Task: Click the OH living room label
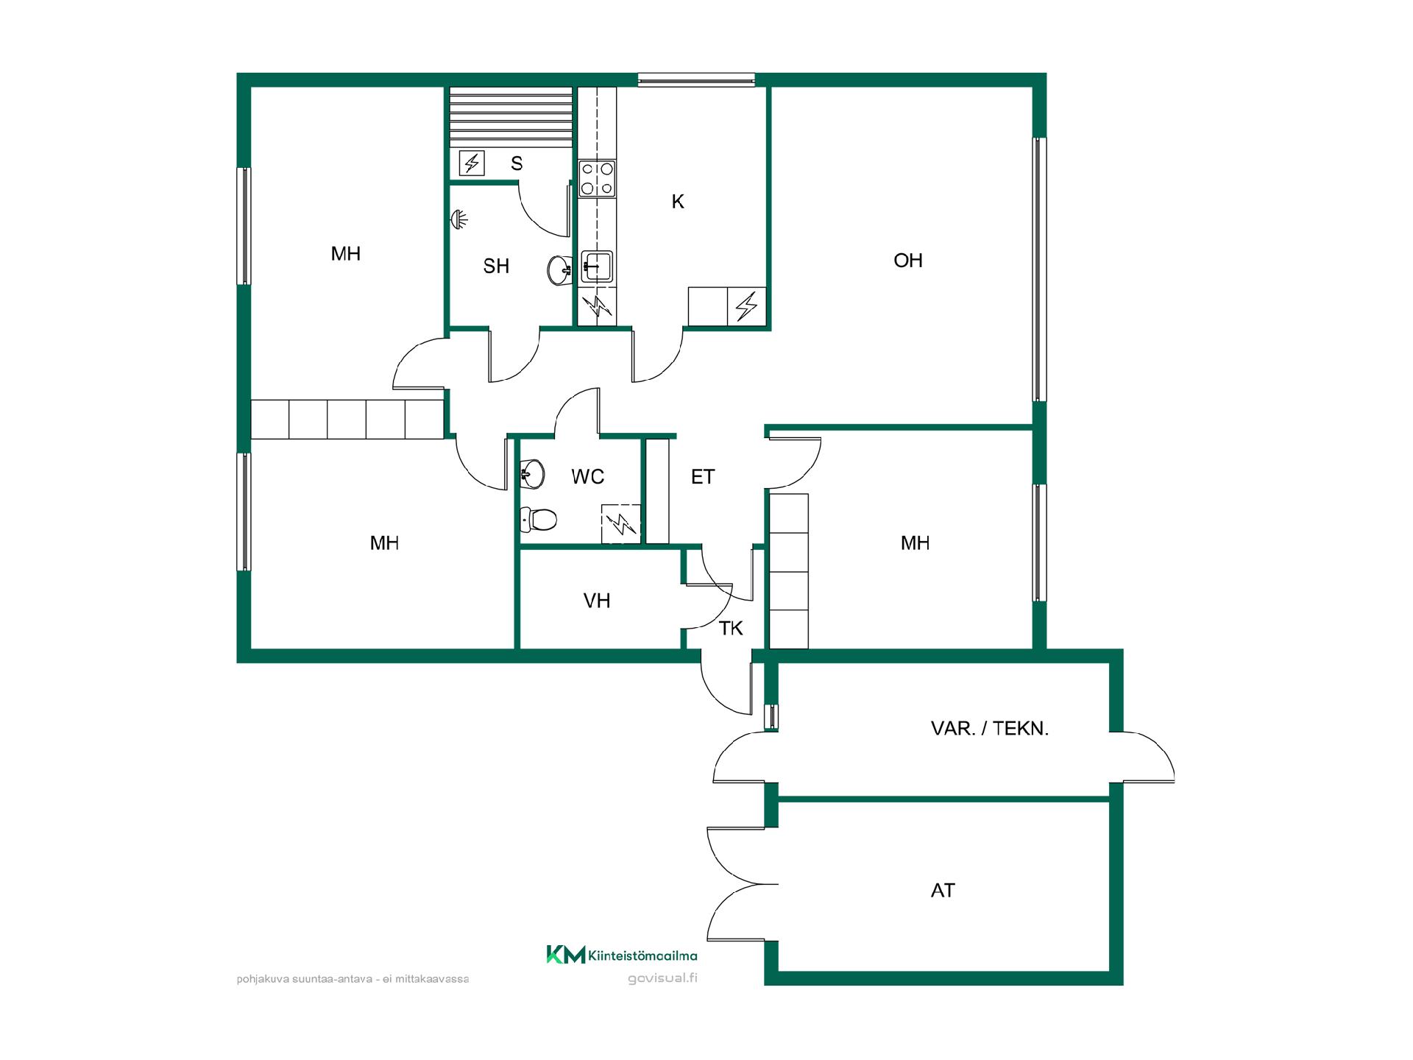[x=907, y=261]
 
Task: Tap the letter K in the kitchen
[x=678, y=202]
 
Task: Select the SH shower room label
[x=496, y=266]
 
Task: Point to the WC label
[x=587, y=477]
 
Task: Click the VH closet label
[x=597, y=601]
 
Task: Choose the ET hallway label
[x=703, y=477]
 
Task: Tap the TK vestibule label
[x=731, y=629]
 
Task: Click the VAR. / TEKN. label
[x=990, y=729]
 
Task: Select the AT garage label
[x=943, y=891]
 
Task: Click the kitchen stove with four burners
[x=597, y=178]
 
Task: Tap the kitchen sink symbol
[x=597, y=266]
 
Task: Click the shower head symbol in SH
[x=460, y=219]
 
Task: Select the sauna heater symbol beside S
[x=472, y=163]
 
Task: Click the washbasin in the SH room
[x=560, y=269]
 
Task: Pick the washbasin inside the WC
[x=531, y=474]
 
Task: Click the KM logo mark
[x=566, y=955]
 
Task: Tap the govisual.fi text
[x=662, y=978]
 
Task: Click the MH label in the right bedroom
[x=915, y=543]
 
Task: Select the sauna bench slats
[x=511, y=117]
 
